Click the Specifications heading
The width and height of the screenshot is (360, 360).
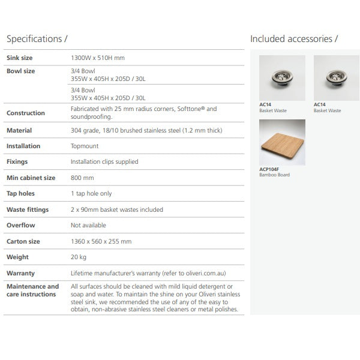(37, 39)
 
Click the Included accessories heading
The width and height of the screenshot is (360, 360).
(293, 39)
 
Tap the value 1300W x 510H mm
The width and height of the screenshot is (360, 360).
(98, 58)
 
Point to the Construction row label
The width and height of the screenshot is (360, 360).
(25, 113)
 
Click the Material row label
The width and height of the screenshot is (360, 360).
(19, 130)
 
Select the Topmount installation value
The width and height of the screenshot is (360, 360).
(85, 146)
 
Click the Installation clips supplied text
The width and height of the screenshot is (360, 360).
(104, 162)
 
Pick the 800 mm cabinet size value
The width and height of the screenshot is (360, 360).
(82, 178)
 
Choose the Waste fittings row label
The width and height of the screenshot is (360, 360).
(28, 210)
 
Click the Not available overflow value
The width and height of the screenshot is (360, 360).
(88, 226)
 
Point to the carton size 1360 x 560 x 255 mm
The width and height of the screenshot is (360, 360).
(101, 242)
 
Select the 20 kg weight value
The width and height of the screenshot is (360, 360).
(79, 257)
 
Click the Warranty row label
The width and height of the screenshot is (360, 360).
(20, 274)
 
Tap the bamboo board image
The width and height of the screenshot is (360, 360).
(282, 143)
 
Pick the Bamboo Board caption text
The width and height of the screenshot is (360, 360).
(274, 176)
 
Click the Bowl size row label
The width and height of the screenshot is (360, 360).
(20, 71)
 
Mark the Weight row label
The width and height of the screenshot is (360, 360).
(17, 257)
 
